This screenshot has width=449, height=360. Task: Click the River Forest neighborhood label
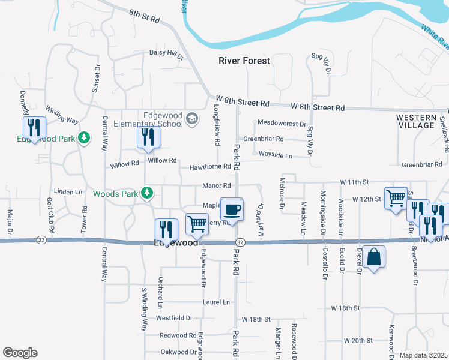pyautogui.click(x=244, y=61)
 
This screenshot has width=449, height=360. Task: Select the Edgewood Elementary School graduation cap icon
pyautogui.click(x=193, y=119)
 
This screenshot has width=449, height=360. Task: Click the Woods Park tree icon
pyautogui.click(x=146, y=193)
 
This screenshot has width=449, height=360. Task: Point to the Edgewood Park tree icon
pyautogui.click(x=85, y=138)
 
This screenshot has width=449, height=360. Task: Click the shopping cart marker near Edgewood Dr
pyautogui.click(x=197, y=224)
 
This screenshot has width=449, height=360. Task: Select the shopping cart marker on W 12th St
pyautogui.click(x=395, y=198)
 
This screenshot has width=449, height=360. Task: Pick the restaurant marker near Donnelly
pyautogui.click(x=34, y=128)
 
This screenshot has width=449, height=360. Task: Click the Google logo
pyautogui.click(x=20, y=353)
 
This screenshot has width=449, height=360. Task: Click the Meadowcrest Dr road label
pyautogui.click(x=282, y=123)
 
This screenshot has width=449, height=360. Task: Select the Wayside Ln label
pyautogui.click(x=275, y=155)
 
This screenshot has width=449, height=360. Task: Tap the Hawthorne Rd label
pyautogui.click(x=209, y=167)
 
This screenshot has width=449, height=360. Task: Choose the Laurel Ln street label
pyautogui.click(x=217, y=302)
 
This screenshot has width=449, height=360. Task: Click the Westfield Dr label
pyautogui.click(x=174, y=318)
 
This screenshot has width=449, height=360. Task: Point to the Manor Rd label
pyautogui.click(x=217, y=186)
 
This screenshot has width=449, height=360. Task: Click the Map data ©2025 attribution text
pyautogui.click(x=423, y=355)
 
